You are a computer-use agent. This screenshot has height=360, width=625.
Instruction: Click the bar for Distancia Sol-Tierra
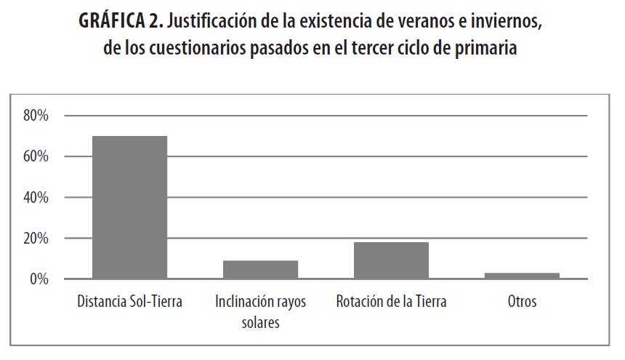click(129, 207)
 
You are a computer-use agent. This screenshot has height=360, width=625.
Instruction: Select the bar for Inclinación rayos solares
click(260, 270)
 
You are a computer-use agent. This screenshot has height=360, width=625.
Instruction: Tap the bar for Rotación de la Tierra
click(391, 260)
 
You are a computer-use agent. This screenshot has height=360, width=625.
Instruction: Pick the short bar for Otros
click(522, 276)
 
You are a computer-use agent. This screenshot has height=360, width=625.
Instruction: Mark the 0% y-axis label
click(38, 279)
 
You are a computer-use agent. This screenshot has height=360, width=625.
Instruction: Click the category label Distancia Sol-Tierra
click(129, 301)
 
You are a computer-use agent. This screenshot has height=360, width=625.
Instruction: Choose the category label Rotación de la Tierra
click(391, 301)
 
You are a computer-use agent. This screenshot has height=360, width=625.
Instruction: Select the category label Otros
click(522, 301)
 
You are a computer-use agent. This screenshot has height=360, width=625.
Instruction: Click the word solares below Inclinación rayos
click(260, 321)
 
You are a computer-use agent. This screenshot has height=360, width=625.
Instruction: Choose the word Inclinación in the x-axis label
click(244, 301)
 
